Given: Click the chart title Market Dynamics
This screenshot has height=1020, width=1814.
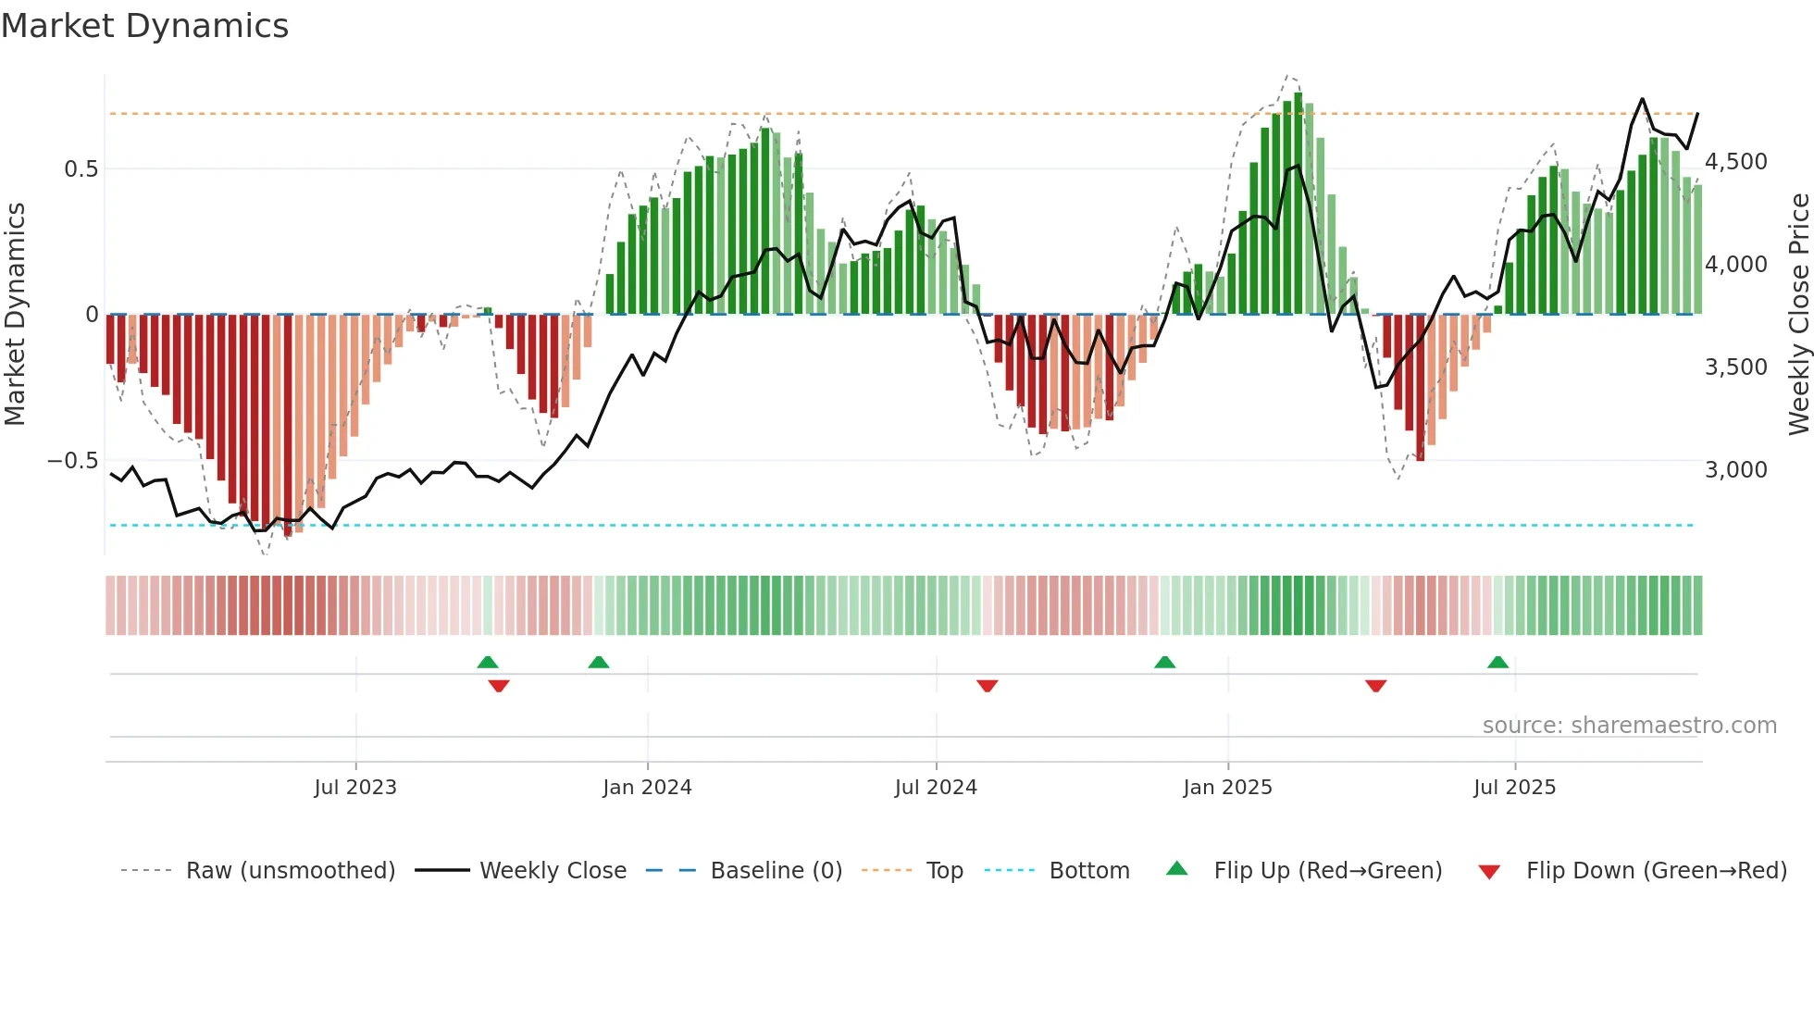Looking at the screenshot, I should tap(144, 26).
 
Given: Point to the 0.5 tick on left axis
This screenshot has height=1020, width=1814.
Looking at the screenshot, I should tap(81, 169).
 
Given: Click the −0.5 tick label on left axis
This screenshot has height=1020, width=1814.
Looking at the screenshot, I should tap(72, 461).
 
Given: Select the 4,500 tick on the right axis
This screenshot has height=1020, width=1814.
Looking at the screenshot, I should tap(1736, 162).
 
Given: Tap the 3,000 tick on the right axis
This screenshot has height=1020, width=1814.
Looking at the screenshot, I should tap(1736, 470).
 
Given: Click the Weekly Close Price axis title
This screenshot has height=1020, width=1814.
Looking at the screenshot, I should tap(1798, 314).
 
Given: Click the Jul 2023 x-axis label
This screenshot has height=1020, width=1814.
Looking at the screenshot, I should tap(355, 788).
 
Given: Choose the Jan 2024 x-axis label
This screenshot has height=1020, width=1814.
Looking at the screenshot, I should tap(647, 788).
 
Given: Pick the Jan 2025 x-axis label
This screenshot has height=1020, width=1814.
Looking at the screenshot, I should tap(1227, 788).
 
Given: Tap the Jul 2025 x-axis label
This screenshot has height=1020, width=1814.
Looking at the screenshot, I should tap(1514, 788).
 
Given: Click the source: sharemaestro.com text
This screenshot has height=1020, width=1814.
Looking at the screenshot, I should tap(1629, 726).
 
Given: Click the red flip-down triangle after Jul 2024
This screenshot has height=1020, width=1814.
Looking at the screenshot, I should tap(987, 686).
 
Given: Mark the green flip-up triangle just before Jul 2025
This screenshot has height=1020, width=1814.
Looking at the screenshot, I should tap(1497, 662).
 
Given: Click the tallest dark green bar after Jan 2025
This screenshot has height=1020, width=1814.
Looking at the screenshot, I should tap(1298, 204).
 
